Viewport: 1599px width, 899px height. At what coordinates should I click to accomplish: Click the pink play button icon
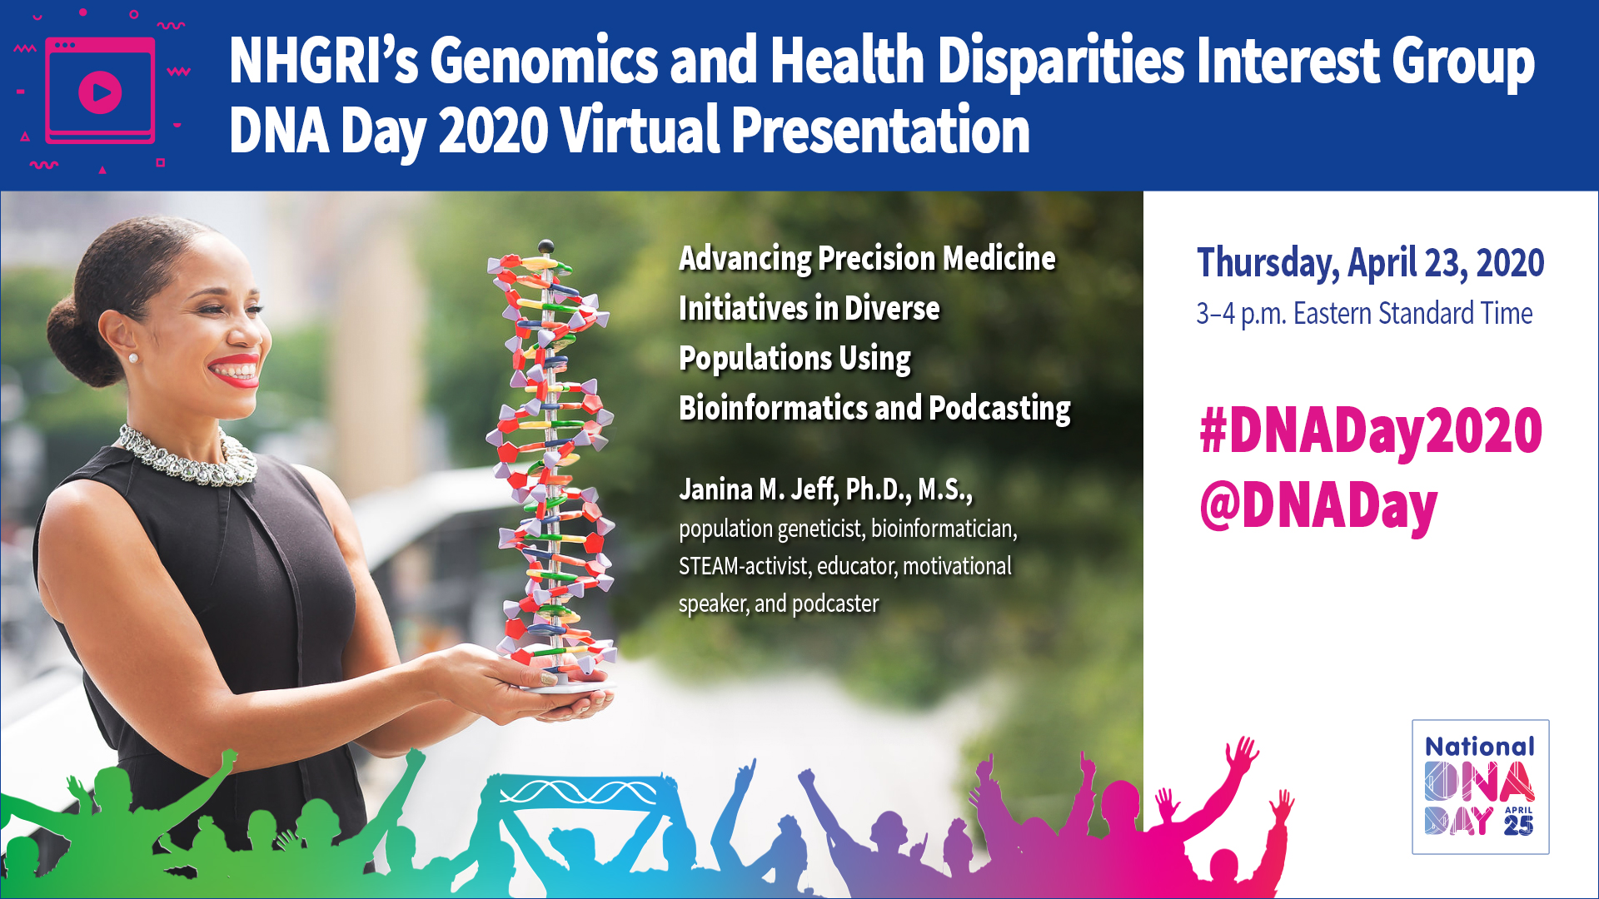[x=100, y=92]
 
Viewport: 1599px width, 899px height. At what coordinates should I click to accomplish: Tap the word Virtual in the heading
[x=640, y=131]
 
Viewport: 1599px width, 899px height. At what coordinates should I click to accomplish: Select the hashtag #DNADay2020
[x=1370, y=431]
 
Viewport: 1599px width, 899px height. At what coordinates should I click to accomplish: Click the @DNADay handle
[x=1318, y=506]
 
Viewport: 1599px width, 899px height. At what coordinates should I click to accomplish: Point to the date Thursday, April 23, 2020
[x=1370, y=263]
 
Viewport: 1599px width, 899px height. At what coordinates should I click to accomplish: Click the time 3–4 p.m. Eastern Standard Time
[x=1364, y=314]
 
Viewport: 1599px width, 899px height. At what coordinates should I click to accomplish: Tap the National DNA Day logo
[x=1480, y=787]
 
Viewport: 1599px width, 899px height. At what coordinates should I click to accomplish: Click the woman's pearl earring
[x=132, y=359]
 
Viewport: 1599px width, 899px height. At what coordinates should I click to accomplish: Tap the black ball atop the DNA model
[x=546, y=246]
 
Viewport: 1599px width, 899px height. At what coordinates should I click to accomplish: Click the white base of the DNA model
[x=566, y=686]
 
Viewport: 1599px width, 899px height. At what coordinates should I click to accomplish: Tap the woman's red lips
[x=235, y=371]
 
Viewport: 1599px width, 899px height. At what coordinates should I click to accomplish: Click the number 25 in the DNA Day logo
[x=1518, y=825]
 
